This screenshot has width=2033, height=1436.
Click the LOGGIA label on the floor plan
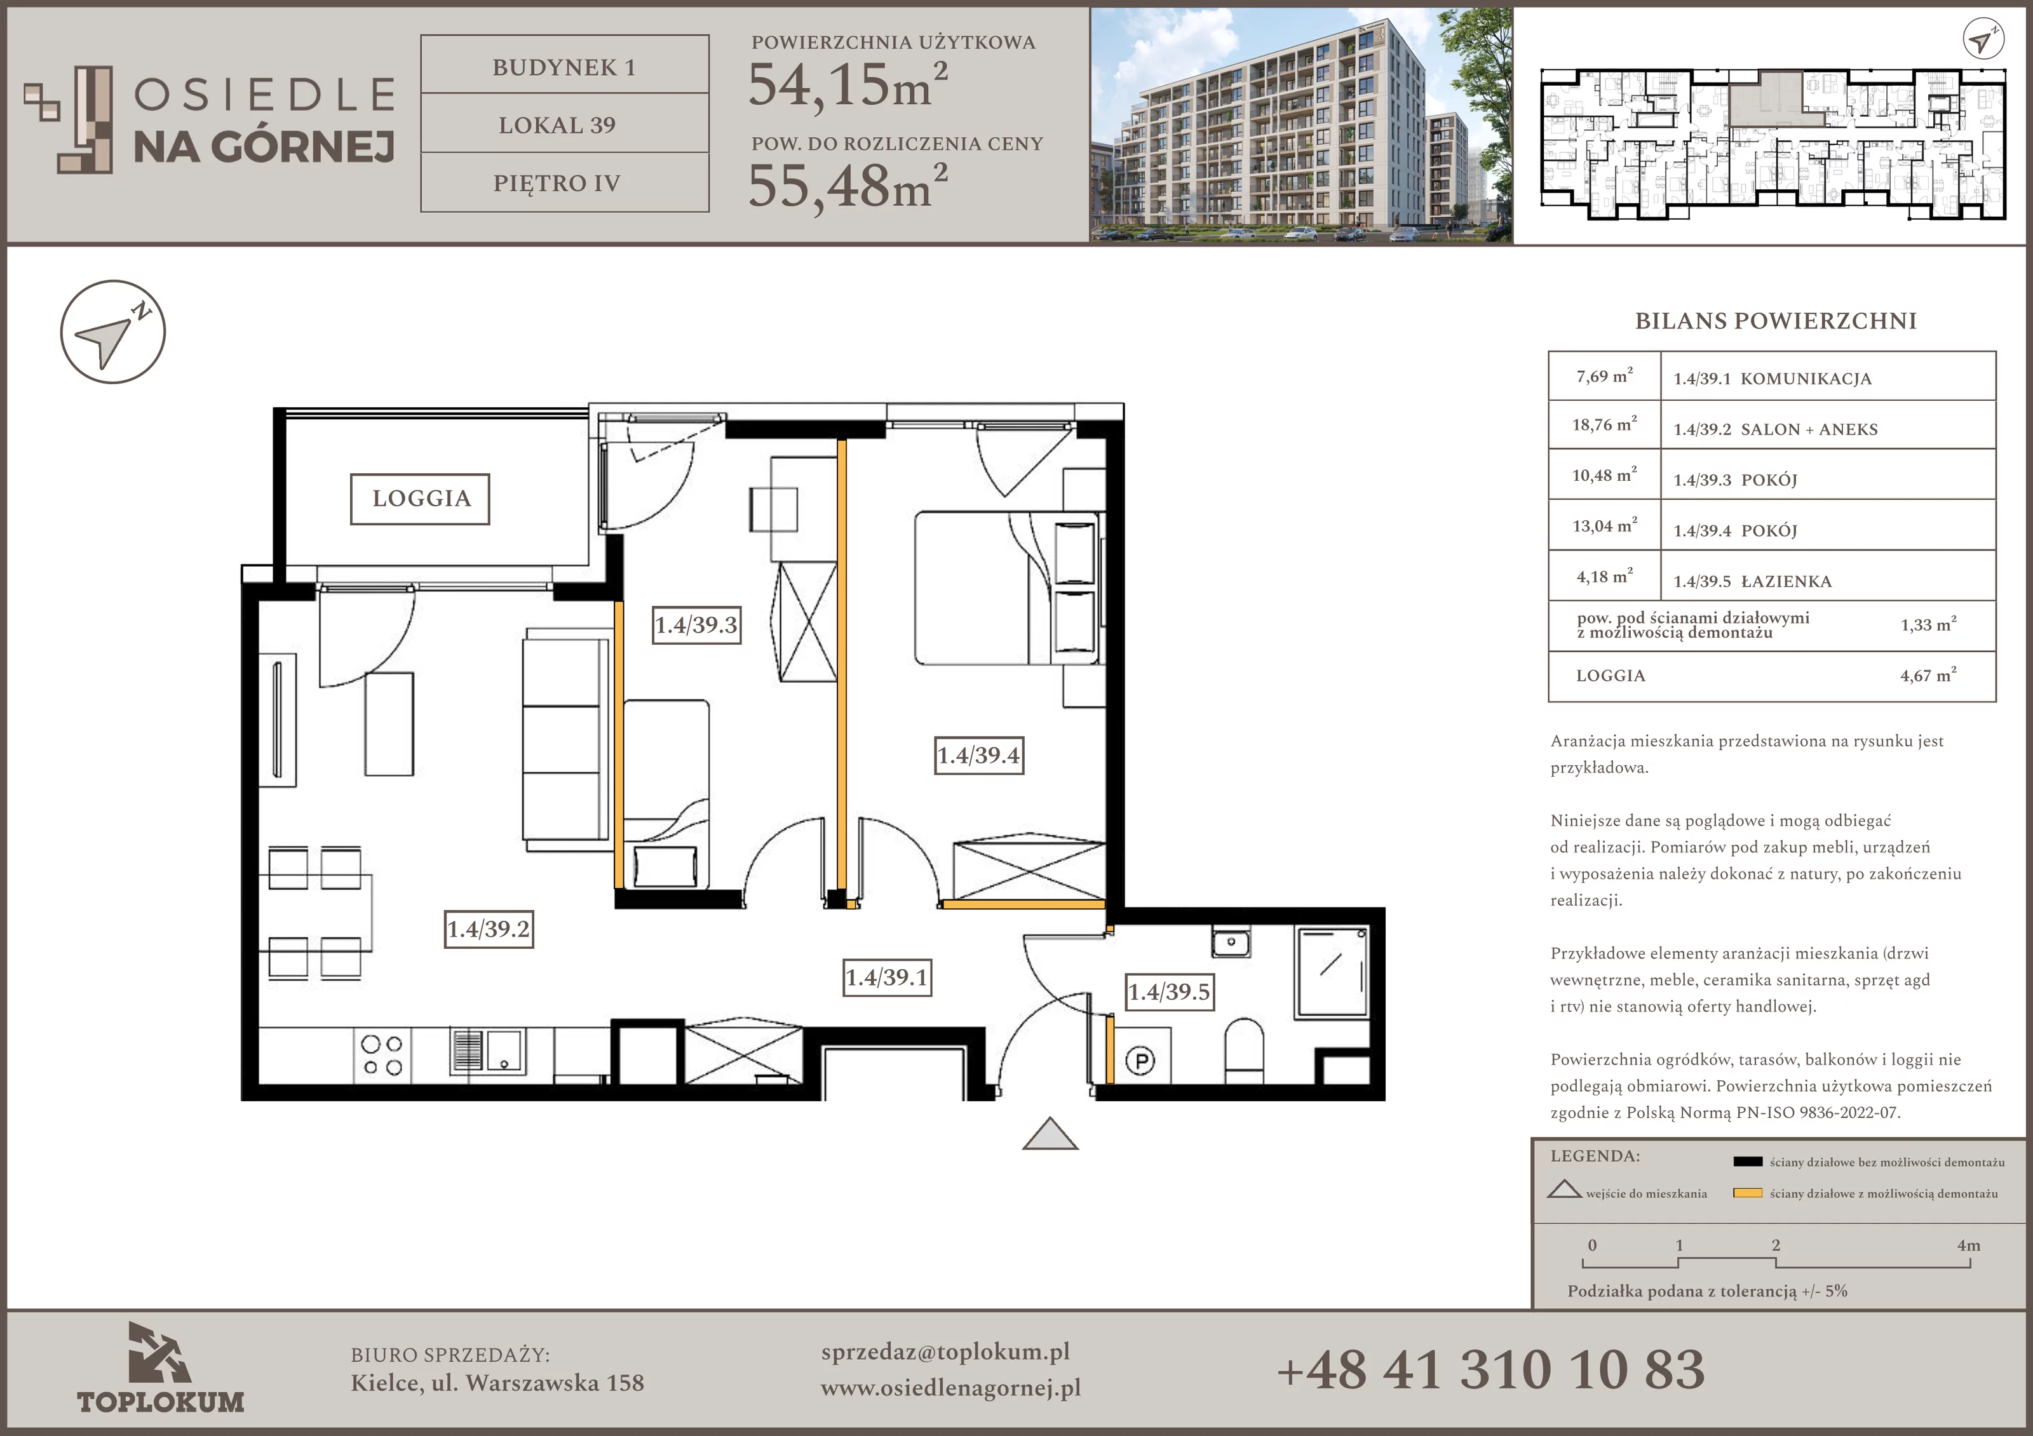[421, 499]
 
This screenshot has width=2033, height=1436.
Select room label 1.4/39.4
[979, 755]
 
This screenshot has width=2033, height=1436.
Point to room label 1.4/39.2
[489, 929]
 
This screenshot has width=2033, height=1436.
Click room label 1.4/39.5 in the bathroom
[1169, 991]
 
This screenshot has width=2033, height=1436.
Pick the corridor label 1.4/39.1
[886, 977]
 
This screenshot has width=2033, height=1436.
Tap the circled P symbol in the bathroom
[1140, 1060]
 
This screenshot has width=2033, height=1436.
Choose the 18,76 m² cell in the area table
[1604, 425]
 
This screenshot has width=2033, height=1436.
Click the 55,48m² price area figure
[848, 187]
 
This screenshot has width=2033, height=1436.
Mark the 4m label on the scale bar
[1968, 1245]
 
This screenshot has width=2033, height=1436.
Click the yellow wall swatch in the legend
[1747, 1193]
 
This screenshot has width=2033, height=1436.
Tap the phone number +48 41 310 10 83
[1490, 1369]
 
